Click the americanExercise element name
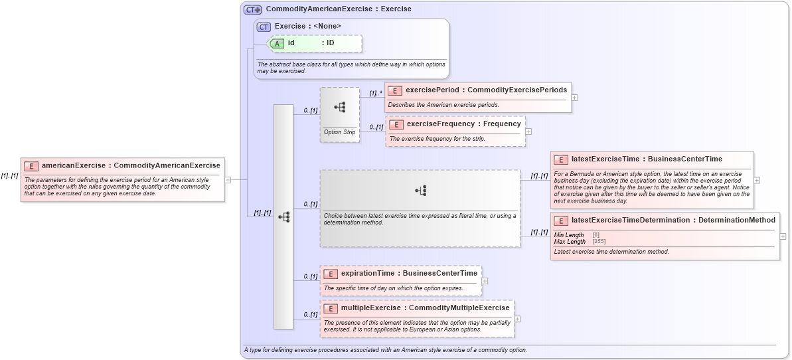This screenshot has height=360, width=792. pyautogui.click(x=74, y=165)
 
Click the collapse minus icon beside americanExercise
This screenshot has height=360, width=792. pyautogui.click(x=228, y=179)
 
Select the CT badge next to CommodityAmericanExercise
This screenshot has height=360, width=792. pyautogui.click(x=252, y=9)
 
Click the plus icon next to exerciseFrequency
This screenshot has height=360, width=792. pyautogui.click(x=528, y=132)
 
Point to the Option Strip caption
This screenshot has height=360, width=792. pyautogui.click(x=339, y=132)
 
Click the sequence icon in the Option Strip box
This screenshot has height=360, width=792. pyautogui.click(x=340, y=107)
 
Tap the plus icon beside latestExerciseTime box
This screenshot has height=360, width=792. pyautogui.click(x=757, y=180)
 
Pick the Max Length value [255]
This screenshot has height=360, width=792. pyautogui.click(x=599, y=242)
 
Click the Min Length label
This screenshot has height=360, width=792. pyautogui.click(x=569, y=235)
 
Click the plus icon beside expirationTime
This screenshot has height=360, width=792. pyautogui.click(x=485, y=281)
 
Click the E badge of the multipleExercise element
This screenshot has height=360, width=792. pyautogui.click(x=329, y=308)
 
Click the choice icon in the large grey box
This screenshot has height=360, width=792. pyautogui.click(x=420, y=191)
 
